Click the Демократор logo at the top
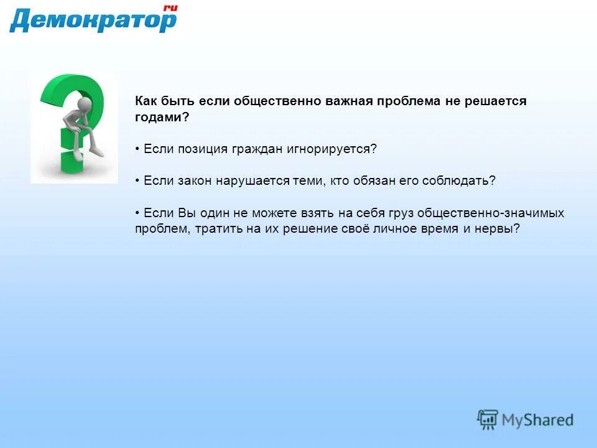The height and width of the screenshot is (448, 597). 92,21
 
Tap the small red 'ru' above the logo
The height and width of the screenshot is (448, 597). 170,7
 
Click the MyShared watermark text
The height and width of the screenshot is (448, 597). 537,420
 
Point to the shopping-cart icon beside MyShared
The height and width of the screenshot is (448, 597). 488,419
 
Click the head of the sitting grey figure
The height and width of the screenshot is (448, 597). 85,103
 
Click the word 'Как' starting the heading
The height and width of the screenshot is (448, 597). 146,101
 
